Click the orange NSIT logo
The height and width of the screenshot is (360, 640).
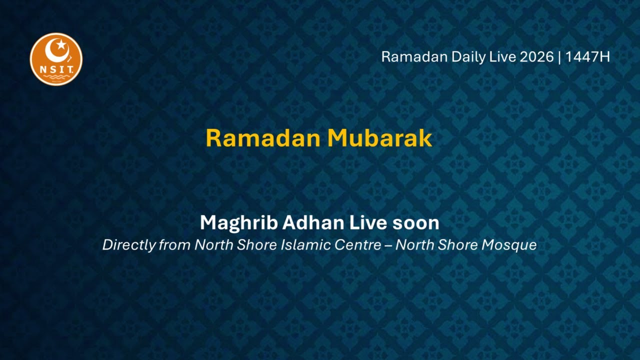click(x=56, y=59)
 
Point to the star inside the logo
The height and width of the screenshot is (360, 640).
click(x=61, y=45)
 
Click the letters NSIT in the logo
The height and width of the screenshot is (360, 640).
click(x=56, y=68)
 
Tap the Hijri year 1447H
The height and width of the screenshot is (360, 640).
click(x=587, y=57)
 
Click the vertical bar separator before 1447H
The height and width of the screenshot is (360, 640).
click(x=559, y=57)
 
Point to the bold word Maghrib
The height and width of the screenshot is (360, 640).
click(x=238, y=223)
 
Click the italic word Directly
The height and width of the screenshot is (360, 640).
click(x=128, y=245)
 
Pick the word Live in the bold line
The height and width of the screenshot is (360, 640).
click(x=368, y=223)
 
